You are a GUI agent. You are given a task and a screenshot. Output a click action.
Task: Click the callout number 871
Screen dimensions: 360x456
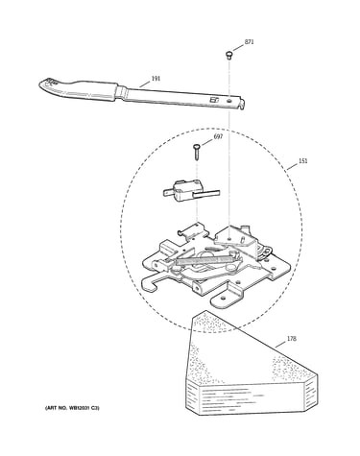tap(249, 42)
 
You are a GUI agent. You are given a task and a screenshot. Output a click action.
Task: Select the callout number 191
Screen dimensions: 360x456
tap(156, 79)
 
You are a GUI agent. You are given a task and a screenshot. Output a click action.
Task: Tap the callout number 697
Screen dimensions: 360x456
tap(218, 136)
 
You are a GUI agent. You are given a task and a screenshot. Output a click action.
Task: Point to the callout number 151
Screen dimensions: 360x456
tap(302, 160)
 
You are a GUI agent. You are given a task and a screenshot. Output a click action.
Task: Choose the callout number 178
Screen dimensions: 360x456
tap(291, 339)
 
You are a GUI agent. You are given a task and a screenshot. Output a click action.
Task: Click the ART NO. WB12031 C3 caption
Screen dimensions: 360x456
tap(72, 408)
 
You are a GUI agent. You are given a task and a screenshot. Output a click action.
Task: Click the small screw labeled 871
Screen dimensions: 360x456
tap(228, 55)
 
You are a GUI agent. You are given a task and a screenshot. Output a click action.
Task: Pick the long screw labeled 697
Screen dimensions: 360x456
tap(197, 152)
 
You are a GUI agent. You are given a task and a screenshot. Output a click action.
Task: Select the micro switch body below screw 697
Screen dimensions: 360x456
tap(181, 192)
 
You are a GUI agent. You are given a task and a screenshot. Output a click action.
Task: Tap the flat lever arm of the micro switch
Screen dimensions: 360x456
tap(206, 193)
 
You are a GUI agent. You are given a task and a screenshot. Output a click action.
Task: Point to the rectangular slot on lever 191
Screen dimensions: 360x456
tap(213, 100)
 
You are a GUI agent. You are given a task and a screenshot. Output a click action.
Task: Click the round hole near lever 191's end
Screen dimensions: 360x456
tap(229, 101)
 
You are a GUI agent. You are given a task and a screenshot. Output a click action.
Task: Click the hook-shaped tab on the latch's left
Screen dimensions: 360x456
tap(151, 284)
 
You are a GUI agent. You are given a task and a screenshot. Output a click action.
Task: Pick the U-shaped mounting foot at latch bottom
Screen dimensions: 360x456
tap(227, 295)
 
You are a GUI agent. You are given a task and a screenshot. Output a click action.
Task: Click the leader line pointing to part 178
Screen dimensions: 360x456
tap(280, 344)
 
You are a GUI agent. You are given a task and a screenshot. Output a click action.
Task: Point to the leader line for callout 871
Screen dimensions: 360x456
tap(238, 48)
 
